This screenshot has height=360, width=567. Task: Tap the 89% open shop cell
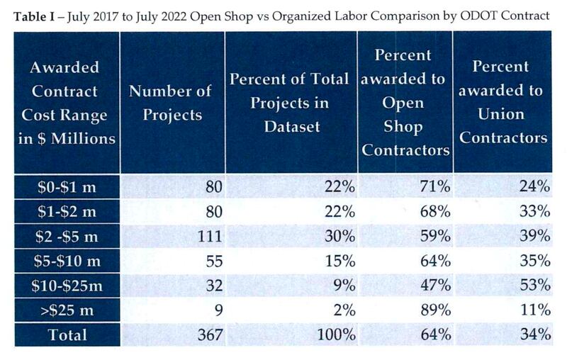(434, 310)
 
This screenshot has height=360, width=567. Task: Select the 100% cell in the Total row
(335, 334)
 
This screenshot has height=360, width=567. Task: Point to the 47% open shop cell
(434, 286)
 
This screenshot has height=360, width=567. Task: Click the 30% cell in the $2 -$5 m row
(339, 237)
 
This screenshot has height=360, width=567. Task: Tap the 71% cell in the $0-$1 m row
(434, 188)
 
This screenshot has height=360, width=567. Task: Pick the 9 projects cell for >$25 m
(218, 310)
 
